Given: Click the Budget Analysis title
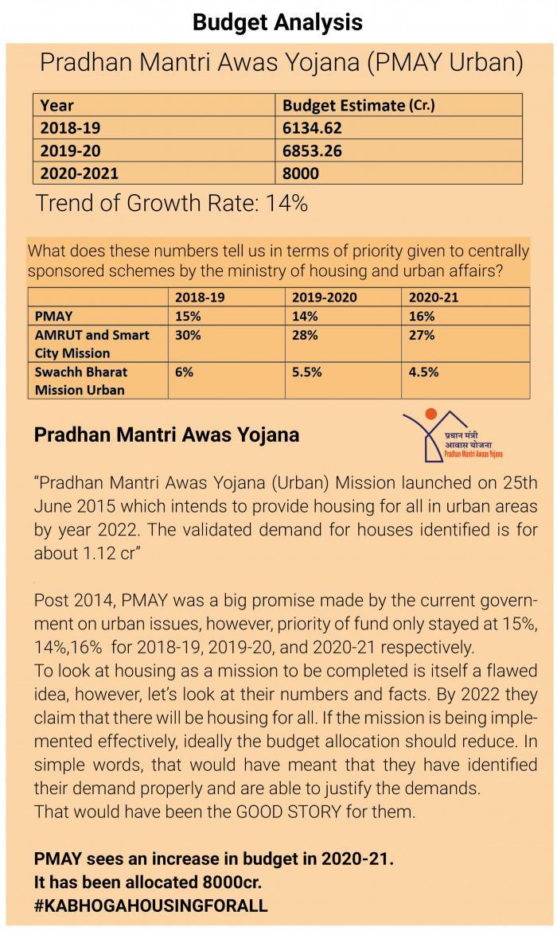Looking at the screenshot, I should pos(278,21).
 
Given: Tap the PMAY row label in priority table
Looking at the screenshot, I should pos(54,316).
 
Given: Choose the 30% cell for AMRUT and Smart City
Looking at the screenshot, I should pos(185,335).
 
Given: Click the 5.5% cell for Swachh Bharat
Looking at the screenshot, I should pos(306,372).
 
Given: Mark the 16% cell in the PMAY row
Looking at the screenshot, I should pos(421,316).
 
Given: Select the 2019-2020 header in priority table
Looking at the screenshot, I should pos(324,298).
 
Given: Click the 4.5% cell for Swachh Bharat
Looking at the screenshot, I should pos(423,372).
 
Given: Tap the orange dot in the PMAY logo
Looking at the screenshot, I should pos(431,414).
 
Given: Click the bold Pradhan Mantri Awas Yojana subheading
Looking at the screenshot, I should pos(166,435).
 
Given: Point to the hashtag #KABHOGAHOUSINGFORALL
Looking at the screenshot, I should pos(150,906).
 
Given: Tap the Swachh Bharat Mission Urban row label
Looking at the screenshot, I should pos(80,380).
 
